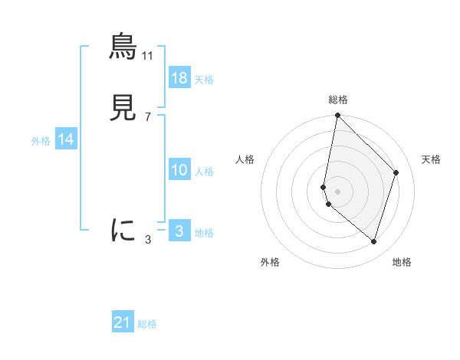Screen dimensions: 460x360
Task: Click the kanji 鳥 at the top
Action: (123, 47)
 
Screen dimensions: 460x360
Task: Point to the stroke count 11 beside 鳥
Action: (148, 56)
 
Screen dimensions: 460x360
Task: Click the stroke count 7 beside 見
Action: (148, 117)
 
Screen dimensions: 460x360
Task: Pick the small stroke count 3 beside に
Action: (148, 239)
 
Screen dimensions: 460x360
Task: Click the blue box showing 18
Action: (179, 78)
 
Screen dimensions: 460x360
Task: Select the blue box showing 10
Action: (179, 170)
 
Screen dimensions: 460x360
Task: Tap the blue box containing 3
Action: (179, 231)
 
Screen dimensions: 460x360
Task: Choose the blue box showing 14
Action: (66, 139)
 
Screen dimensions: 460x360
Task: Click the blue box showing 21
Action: (123, 322)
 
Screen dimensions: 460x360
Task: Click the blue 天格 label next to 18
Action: (204, 80)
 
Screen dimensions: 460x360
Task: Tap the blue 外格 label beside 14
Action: (41, 141)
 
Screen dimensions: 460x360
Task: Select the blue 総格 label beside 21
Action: (147, 324)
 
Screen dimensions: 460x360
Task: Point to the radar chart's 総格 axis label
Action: (338, 100)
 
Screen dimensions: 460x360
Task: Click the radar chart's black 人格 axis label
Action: (245, 159)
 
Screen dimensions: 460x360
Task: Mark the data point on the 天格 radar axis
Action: (396, 172)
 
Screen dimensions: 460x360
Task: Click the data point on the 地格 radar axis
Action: (373, 241)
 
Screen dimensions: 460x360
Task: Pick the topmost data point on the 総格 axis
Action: (337, 116)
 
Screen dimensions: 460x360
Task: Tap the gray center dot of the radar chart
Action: (337, 191)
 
